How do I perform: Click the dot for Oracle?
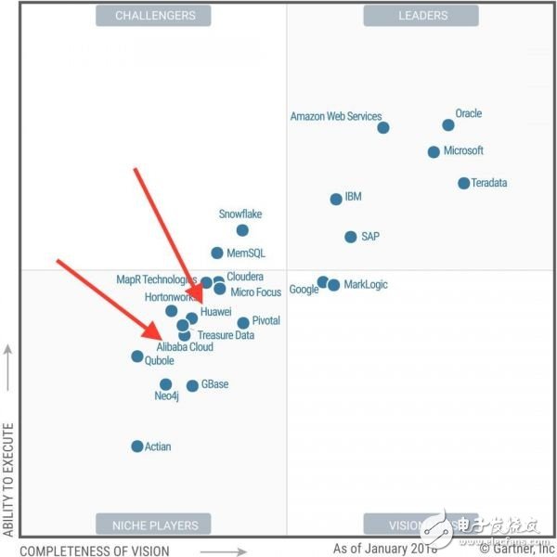(x=448, y=125)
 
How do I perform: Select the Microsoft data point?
(x=434, y=152)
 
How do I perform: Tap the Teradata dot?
(x=463, y=183)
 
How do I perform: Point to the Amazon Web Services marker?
(x=383, y=128)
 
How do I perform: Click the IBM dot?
(x=336, y=199)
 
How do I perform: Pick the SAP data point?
(x=350, y=237)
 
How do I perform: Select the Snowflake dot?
(x=242, y=230)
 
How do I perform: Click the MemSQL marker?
(x=216, y=253)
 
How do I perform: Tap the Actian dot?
(x=137, y=447)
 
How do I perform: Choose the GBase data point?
(x=192, y=385)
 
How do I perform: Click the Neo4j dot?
(x=165, y=384)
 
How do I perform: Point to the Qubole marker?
(x=137, y=356)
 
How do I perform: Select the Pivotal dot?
(x=243, y=323)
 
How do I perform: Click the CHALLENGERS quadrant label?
(x=155, y=16)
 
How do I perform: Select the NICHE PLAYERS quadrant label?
(x=155, y=525)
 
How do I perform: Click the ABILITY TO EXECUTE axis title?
(x=8, y=479)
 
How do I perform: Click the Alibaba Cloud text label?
(x=185, y=347)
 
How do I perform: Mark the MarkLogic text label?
(x=365, y=285)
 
